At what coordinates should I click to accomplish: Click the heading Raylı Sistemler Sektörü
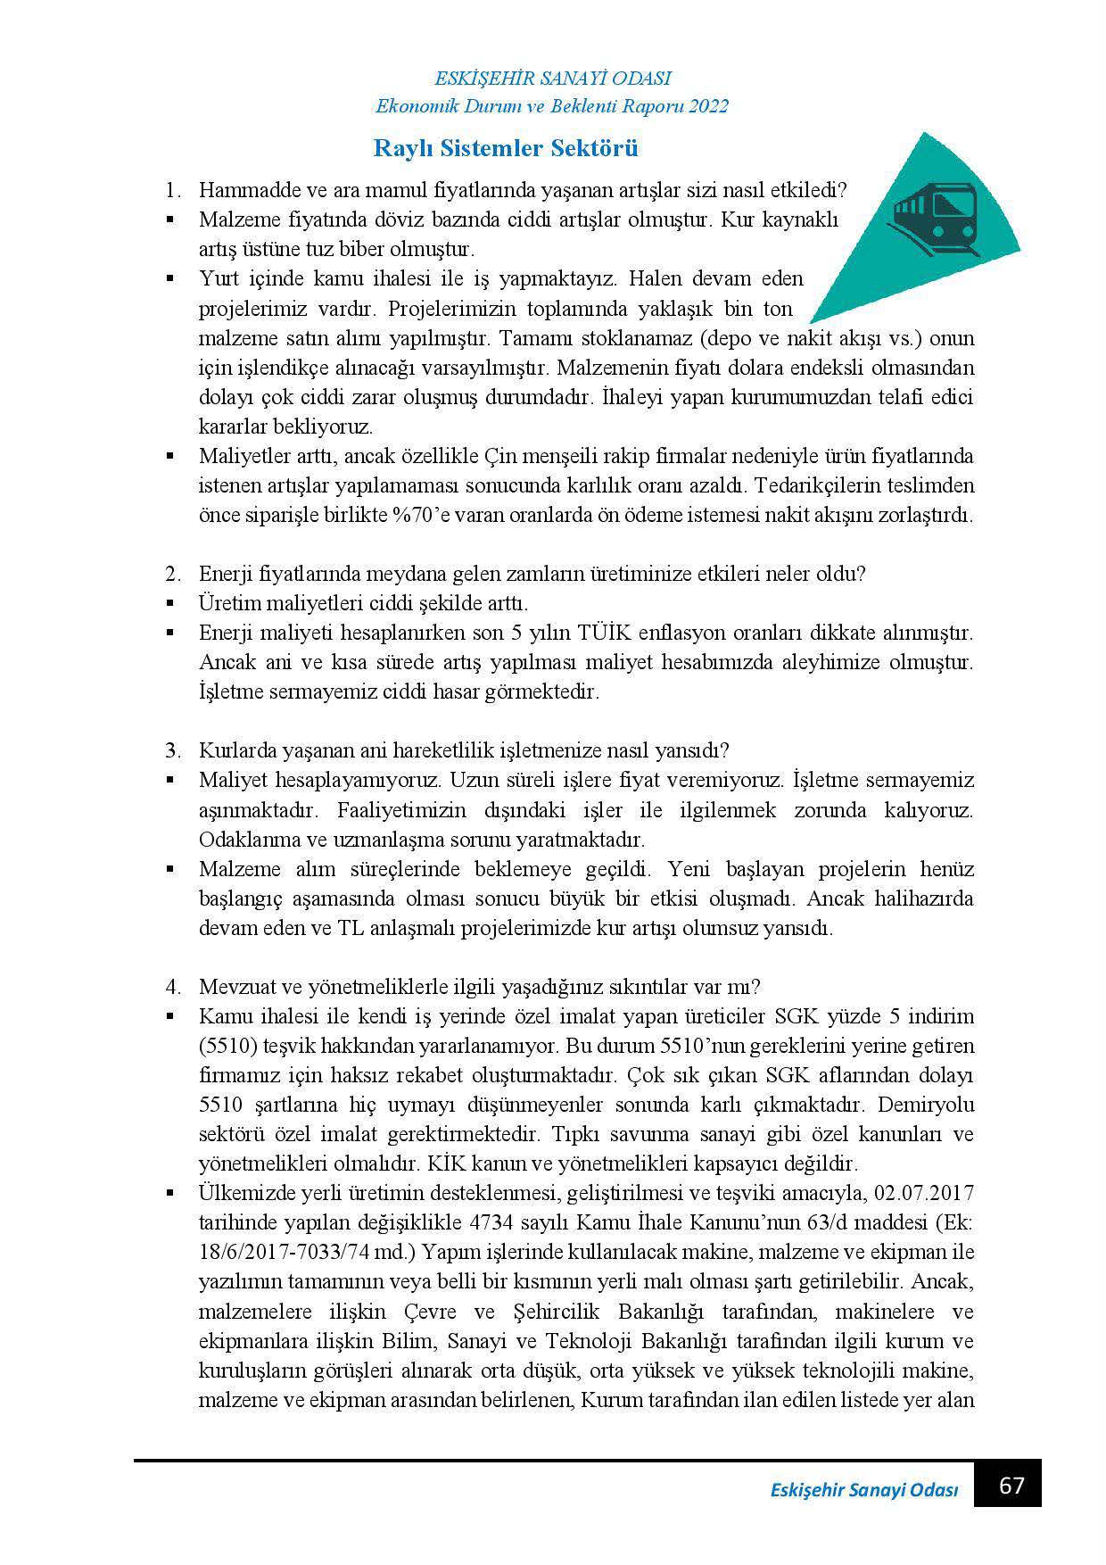[x=505, y=148]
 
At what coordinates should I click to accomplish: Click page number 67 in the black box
[x=1011, y=1486]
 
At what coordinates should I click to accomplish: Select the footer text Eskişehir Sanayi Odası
[x=863, y=1491]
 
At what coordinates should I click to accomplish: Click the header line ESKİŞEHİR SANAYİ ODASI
[x=552, y=79]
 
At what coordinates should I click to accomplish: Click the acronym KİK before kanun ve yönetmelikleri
[x=450, y=1163]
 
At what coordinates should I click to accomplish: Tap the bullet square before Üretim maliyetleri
[x=169, y=604]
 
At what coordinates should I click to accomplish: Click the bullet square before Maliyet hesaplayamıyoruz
[x=169, y=781]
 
